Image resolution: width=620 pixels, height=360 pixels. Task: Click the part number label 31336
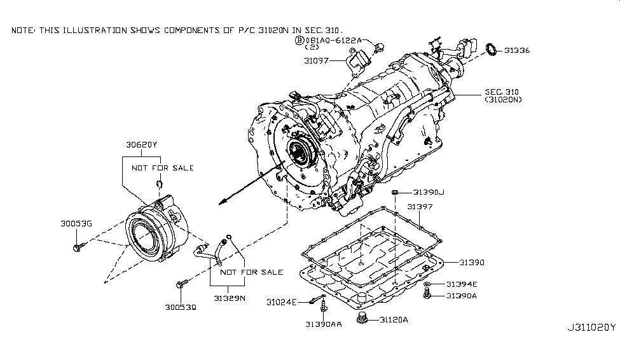click(517, 50)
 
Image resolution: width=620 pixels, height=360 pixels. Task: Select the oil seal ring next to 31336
click(491, 49)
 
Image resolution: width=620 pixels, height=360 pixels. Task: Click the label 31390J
click(429, 191)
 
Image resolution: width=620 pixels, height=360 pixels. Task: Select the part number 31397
click(420, 207)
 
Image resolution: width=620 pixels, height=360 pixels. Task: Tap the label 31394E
click(461, 284)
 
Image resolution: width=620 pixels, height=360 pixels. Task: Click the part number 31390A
click(461, 296)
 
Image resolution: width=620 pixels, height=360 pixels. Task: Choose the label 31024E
click(281, 301)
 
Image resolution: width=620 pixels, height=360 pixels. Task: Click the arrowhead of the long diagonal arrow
click(220, 203)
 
